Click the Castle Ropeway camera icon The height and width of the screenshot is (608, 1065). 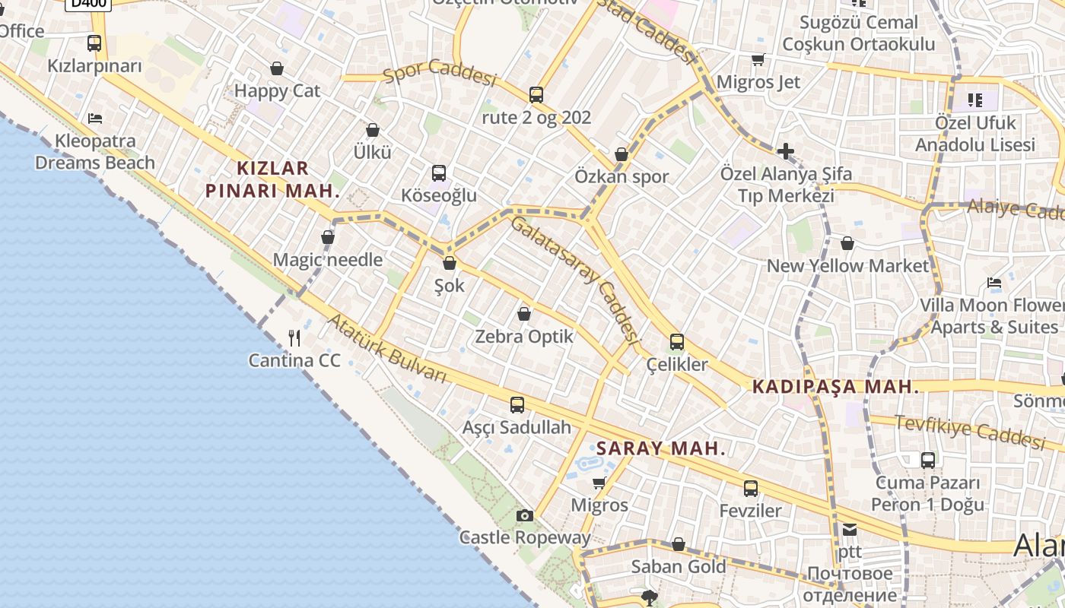tap(524, 515)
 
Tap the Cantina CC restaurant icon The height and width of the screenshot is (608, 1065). tap(294, 337)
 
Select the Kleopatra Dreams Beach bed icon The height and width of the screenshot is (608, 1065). tap(95, 118)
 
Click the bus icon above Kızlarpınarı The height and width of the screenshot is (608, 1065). tap(94, 43)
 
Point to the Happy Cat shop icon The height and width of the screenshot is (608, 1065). tap(277, 68)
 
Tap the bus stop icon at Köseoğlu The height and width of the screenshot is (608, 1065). tap(439, 173)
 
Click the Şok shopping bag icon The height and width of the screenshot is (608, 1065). tap(450, 263)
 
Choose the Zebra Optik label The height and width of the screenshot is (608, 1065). tap(524, 336)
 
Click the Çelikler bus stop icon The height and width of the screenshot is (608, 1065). tap(677, 342)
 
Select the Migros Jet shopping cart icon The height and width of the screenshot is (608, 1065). tap(758, 59)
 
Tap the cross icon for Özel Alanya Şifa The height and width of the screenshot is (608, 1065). tap(786, 151)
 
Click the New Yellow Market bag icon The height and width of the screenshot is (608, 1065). tap(847, 243)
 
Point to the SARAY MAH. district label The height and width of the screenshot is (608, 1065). tap(661, 448)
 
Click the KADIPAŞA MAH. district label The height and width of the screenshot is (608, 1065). tap(835, 387)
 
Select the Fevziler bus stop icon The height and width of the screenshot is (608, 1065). tap(751, 489)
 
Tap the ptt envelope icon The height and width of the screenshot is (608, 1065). tap(850, 530)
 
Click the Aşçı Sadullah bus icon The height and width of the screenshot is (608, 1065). tap(517, 405)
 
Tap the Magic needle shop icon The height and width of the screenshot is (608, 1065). tap(328, 237)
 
